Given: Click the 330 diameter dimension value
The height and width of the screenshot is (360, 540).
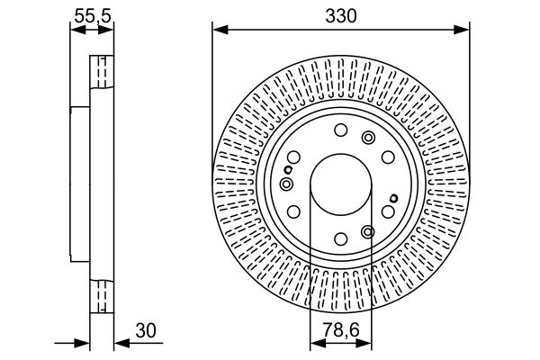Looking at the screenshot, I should pos(340,15).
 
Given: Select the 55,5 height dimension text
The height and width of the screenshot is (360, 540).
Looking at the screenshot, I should pos(92,15).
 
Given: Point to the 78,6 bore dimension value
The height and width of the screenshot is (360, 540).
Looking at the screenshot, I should pos(340,331).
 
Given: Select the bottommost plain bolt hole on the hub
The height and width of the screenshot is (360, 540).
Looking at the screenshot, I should pos(340,238).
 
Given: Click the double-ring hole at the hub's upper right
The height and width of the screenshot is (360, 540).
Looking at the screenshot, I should pos(367,137).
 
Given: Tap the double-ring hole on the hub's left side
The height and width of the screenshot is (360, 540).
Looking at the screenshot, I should pos(286,184).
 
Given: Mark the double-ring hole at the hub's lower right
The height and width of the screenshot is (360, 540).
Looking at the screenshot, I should pos(367,231).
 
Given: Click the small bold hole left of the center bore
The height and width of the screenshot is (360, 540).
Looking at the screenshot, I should pos(288,169).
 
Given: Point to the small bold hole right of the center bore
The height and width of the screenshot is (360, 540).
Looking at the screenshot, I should pos(393,198).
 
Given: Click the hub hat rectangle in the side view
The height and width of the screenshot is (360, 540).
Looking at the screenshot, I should pos(80,184).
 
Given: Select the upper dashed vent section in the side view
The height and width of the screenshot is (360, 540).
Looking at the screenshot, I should pos(102,72).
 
